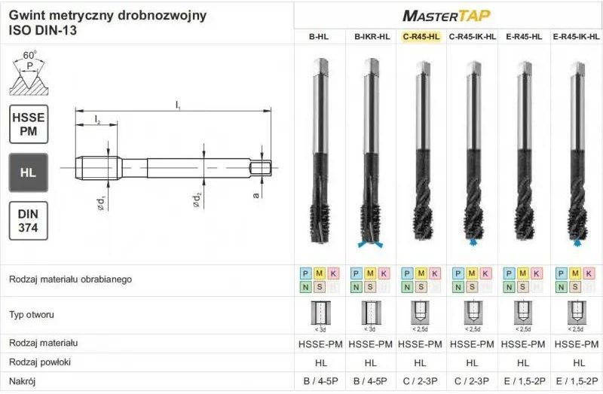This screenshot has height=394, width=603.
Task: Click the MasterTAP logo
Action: point(447,15)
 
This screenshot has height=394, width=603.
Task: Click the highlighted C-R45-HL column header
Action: point(421,36)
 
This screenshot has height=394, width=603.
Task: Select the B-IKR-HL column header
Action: point(372,36)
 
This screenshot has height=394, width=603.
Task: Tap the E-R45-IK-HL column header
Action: point(577,36)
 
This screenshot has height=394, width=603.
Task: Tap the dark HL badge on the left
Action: point(28,173)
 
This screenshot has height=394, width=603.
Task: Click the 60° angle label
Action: point(29,56)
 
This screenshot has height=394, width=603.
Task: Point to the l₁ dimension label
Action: point(178,105)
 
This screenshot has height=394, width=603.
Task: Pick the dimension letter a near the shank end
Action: point(256,194)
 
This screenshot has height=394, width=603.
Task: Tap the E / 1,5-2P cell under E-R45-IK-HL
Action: point(577,381)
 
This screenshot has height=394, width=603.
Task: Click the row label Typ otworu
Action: point(32,314)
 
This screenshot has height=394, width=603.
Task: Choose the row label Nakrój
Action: point(23,381)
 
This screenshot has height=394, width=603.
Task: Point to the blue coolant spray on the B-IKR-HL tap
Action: point(370,245)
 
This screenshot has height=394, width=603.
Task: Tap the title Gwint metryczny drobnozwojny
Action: point(108,16)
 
